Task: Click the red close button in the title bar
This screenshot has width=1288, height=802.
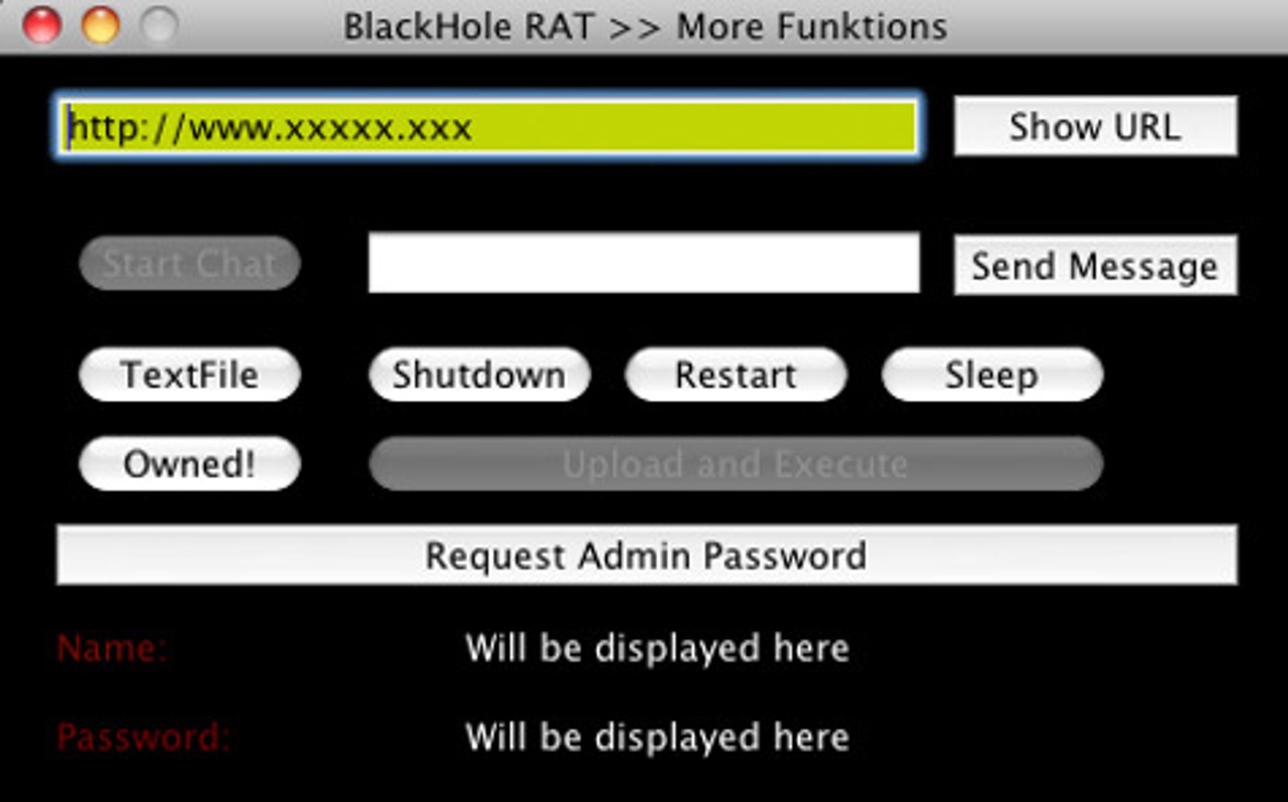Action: click(x=42, y=25)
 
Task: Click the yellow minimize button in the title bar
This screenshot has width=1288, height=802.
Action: click(x=100, y=25)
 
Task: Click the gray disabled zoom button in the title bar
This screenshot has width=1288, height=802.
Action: click(x=159, y=25)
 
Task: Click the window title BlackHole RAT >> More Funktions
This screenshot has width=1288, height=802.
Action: click(x=645, y=27)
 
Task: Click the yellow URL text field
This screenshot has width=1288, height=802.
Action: click(x=489, y=126)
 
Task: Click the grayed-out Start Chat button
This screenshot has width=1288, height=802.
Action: click(x=189, y=263)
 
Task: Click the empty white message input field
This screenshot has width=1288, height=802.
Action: click(x=644, y=263)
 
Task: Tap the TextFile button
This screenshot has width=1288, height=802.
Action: click(x=189, y=374)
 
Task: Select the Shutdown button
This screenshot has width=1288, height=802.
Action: click(x=479, y=374)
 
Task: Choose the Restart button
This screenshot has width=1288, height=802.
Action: click(x=735, y=374)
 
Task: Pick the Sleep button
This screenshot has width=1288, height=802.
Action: click(x=992, y=374)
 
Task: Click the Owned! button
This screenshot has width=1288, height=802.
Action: click(x=189, y=463)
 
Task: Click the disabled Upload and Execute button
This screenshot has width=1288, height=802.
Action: click(x=735, y=463)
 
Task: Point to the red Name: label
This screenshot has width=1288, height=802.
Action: click(x=112, y=648)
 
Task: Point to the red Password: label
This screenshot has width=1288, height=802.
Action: click(x=143, y=737)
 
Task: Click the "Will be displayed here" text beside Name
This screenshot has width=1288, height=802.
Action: click(x=657, y=648)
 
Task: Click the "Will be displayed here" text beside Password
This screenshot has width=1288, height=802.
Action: click(x=657, y=737)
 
